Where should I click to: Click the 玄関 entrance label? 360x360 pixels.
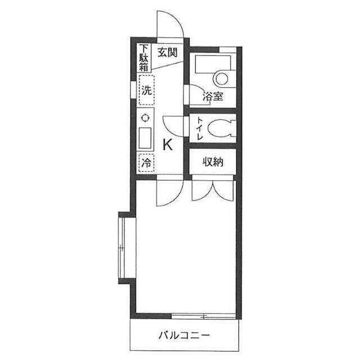click(x=168, y=52)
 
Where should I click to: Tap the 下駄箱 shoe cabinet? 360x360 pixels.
click(x=144, y=58)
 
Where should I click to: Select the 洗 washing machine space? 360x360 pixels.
click(x=146, y=90)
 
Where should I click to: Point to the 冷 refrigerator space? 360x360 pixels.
click(x=146, y=163)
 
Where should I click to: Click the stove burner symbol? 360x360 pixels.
click(x=145, y=118)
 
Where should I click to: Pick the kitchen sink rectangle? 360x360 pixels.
click(x=145, y=138)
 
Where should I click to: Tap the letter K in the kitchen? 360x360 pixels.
click(x=168, y=145)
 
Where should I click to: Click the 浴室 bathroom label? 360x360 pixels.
click(x=213, y=96)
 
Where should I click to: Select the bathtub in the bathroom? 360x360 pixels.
click(x=213, y=62)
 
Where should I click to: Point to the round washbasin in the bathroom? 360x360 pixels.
click(x=222, y=79)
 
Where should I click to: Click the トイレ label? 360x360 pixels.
click(x=200, y=129)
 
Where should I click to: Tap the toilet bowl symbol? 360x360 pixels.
click(x=221, y=128)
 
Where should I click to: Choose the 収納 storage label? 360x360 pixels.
click(x=213, y=162)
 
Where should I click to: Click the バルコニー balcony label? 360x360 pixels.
click(x=184, y=336)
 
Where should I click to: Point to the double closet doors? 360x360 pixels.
click(x=213, y=191)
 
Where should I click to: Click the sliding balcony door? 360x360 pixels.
click(x=204, y=316)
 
